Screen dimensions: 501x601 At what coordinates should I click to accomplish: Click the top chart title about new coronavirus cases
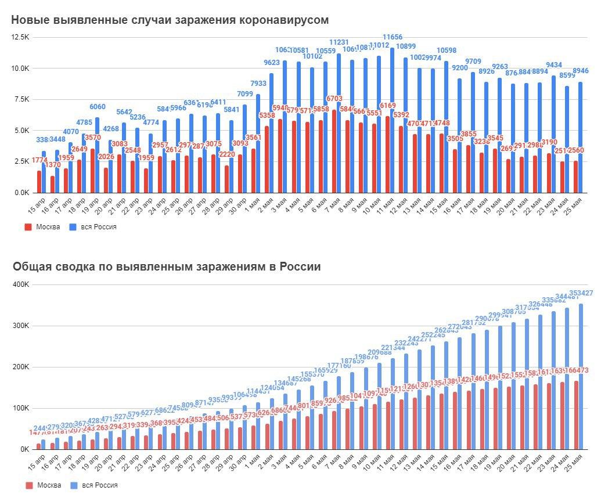click(170, 20)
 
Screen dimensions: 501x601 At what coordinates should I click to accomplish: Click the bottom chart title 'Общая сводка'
click(166, 266)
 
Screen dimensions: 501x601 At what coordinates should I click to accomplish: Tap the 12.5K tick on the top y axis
click(20, 37)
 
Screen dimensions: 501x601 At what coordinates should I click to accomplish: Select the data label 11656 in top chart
click(393, 37)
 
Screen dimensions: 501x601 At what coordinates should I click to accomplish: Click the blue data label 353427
click(581, 293)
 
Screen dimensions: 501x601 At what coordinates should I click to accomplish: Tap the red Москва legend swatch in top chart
click(28, 227)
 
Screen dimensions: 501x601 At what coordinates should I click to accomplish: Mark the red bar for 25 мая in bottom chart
click(575, 415)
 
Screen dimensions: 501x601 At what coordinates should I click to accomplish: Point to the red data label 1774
click(39, 160)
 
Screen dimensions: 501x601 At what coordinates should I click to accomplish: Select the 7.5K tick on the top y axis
click(21, 99)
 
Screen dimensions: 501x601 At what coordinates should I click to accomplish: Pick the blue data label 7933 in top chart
click(258, 84)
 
